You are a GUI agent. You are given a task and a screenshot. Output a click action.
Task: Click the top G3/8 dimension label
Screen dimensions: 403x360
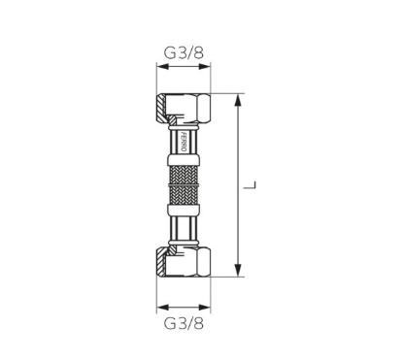[x=184, y=52]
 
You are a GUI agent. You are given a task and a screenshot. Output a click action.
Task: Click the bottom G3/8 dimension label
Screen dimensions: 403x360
[x=184, y=323]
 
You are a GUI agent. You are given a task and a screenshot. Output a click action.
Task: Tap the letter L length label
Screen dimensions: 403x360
[x=250, y=185]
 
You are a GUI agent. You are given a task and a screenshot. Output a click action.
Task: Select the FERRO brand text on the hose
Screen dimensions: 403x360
[x=183, y=142]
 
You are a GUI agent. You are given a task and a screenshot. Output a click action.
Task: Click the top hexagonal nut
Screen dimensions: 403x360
[x=184, y=109]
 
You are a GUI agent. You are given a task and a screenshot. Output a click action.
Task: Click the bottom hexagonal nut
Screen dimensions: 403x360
[x=184, y=262]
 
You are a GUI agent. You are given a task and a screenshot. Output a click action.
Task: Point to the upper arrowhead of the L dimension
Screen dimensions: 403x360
[x=238, y=100]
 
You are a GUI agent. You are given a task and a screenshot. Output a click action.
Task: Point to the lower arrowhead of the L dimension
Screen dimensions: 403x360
[x=238, y=271]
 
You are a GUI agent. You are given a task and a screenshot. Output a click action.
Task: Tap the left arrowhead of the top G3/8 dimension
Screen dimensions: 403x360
[x=163, y=67]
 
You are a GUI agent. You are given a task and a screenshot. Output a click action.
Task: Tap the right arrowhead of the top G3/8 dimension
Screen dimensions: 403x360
[x=205, y=67]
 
